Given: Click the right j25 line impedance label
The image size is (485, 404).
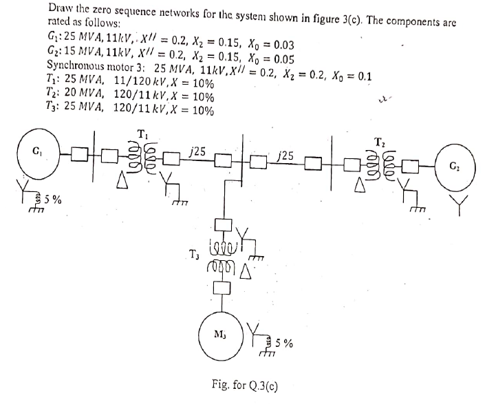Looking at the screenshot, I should [288, 156].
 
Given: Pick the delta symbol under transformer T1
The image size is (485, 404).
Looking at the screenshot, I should [121, 182].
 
